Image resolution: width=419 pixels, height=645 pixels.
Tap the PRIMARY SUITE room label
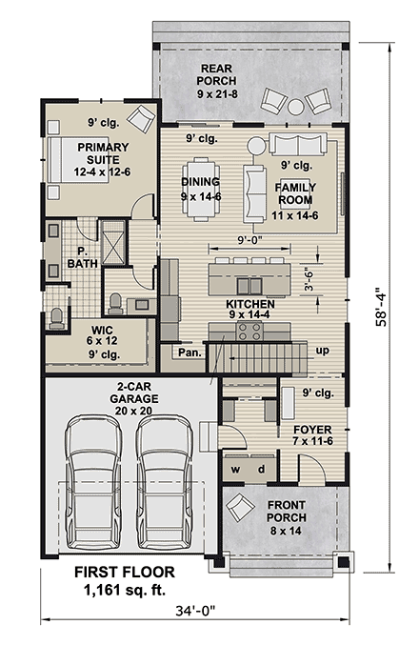pyautogui.click(x=103, y=153)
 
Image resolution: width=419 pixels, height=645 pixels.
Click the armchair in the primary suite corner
pyautogui.click(x=140, y=118)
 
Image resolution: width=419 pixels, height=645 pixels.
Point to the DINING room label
pyautogui.click(x=200, y=182)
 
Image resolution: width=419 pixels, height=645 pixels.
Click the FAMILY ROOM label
pyautogui.click(x=295, y=194)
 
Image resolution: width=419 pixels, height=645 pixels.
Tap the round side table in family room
pyautogui.click(x=256, y=145)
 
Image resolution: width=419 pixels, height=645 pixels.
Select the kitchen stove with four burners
pyautogui.click(x=249, y=330)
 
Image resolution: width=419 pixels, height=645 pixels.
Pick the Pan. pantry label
pyautogui.click(x=188, y=352)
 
